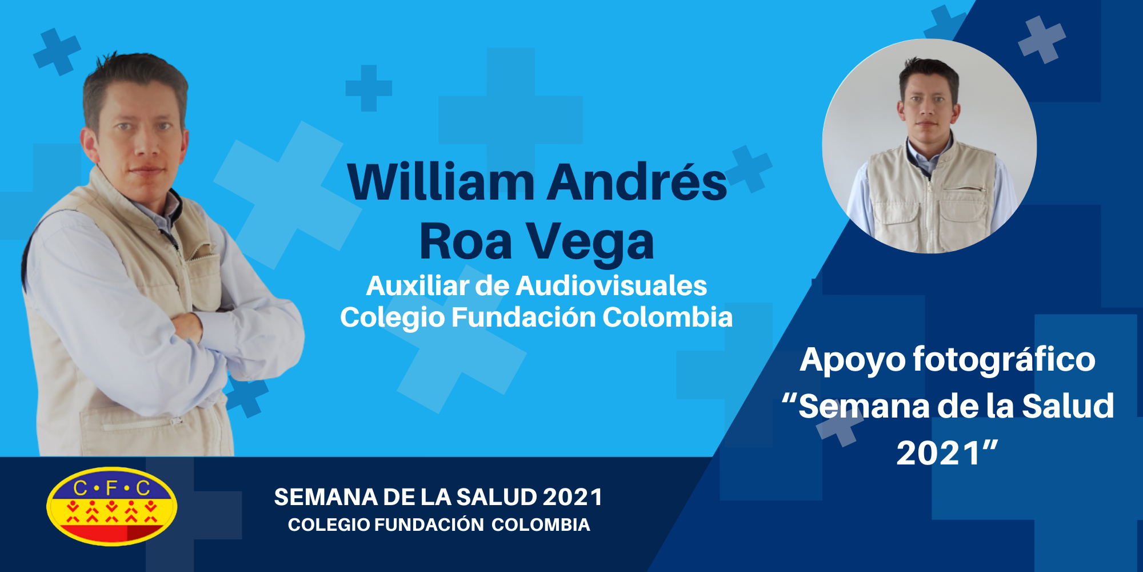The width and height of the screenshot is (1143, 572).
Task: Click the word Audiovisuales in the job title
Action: [x=611, y=285]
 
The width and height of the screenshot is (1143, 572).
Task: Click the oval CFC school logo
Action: [x=112, y=506]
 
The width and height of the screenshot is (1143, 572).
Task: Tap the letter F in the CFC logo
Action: [x=111, y=488]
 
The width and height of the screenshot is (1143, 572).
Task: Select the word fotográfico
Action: [x=1004, y=360]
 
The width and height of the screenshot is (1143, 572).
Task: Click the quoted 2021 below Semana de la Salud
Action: [x=947, y=453]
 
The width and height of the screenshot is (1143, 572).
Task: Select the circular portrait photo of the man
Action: [x=929, y=146]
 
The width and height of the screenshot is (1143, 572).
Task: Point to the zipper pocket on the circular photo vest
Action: [x=963, y=189]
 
